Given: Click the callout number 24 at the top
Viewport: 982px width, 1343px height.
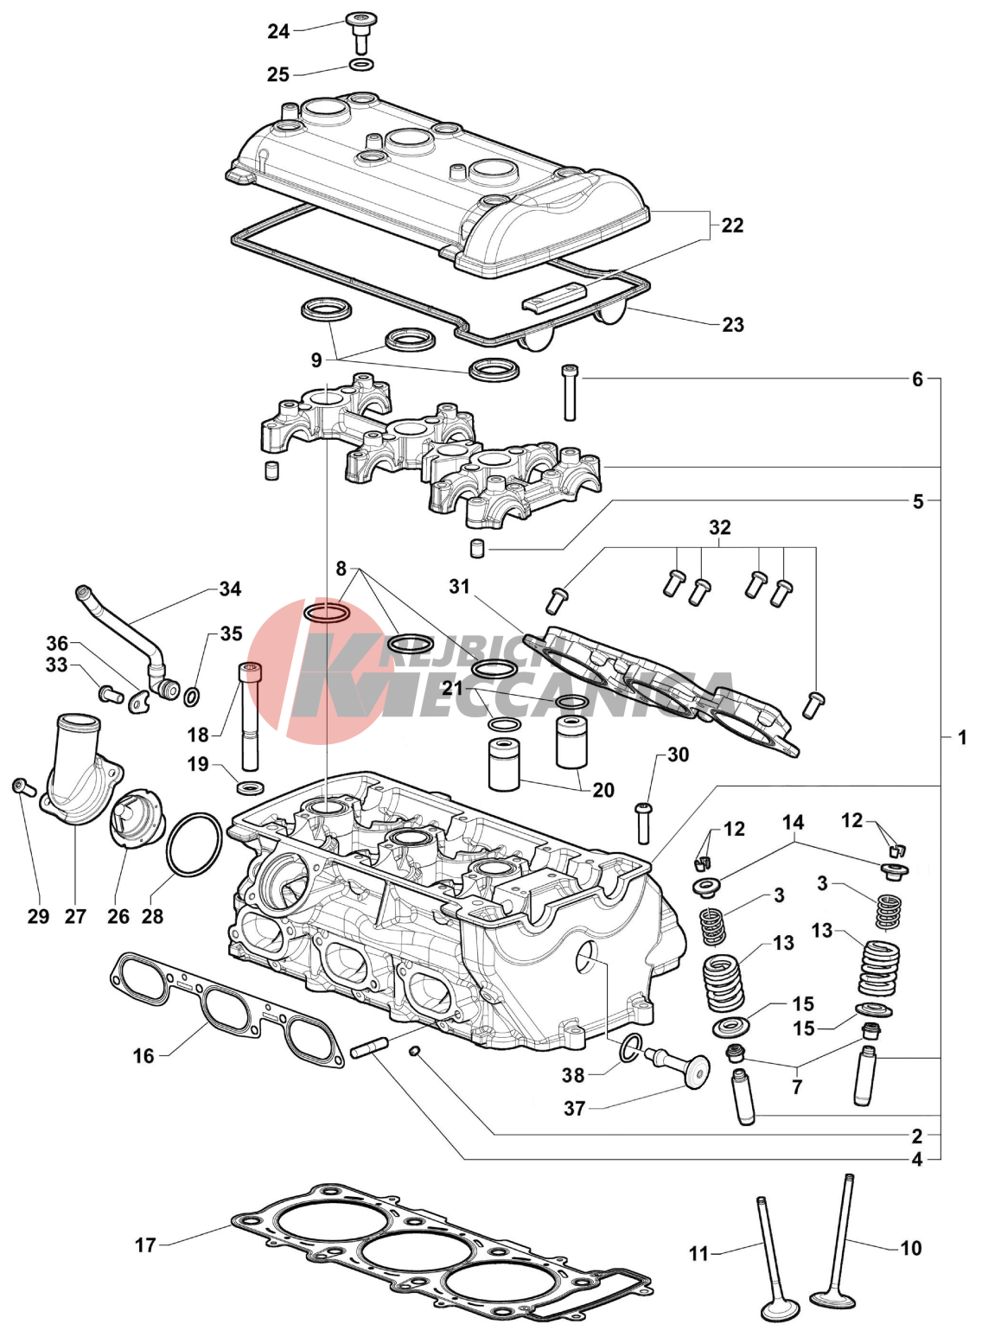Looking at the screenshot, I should [278, 32].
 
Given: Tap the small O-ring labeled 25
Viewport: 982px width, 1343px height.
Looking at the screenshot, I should [362, 67].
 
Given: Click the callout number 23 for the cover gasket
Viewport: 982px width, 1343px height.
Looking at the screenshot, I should [733, 325].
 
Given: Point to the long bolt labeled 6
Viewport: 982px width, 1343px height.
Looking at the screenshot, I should [569, 393].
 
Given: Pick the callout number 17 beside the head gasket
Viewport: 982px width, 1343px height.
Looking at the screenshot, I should [145, 1245].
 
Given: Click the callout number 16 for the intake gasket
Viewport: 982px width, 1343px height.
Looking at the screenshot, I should [143, 1055].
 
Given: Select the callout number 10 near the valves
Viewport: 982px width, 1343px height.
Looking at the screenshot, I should [911, 1248].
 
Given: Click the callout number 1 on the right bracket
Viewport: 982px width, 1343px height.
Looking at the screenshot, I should [961, 738].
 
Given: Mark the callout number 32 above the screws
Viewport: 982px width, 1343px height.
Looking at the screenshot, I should [719, 527].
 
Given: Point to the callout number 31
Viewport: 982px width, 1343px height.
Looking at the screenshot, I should [459, 587].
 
